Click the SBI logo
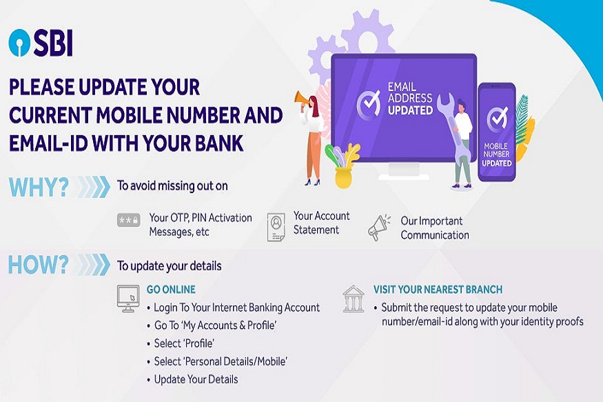[41, 43]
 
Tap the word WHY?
[39, 188]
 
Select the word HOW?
[39, 265]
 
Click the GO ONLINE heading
[171, 290]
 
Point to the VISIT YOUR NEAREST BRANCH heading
[438, 290]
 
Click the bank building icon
[353, 299]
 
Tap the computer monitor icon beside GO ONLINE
[128, 299]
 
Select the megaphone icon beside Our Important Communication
[379, 228]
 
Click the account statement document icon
[276, 228]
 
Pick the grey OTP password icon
[128, 221]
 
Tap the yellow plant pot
[343, 178]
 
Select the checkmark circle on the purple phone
[497, 119]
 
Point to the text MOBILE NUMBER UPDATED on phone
[496, 154]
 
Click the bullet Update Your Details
[196, 379]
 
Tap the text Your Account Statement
[322, 223]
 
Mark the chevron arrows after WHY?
[93, 187]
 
